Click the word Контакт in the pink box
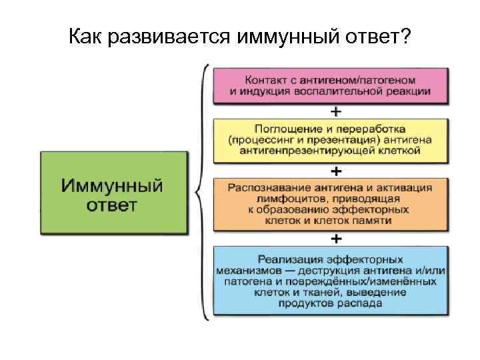coord(265,79)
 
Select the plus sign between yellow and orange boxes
coord(337,171)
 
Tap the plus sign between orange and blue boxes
coord(337,238)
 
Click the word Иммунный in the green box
coord(113,185)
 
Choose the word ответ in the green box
coord(112,204)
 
